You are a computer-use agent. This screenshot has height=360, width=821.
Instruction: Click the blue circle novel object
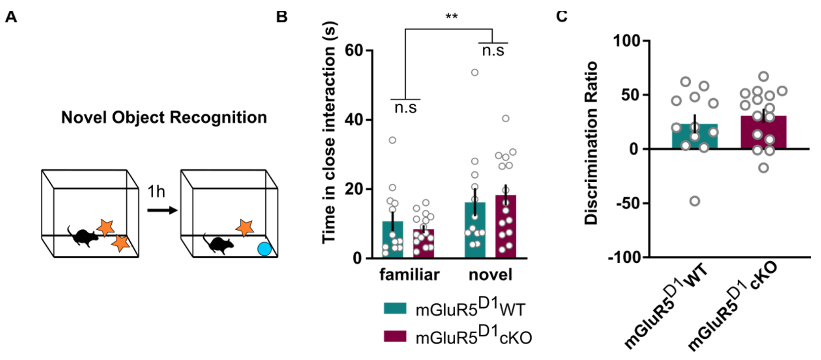pyautogui.click(x=264, y=249)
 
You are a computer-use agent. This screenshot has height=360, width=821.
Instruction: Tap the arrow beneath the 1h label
pyautogui.click(x=162, y=210)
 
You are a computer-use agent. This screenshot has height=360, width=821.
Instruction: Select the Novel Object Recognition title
pyautogui.click(x=164, y=117)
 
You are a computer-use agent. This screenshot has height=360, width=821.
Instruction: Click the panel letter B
pyautogui.click(x=282, y=17)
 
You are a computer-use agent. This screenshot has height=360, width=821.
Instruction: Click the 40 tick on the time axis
pyautogui.click(x=354, y=120)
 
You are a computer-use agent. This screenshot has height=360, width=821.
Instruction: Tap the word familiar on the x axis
pyautogui.click(x=409, y=275)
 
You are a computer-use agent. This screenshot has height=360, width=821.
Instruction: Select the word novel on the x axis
pyautogui.click(x=490, y=275)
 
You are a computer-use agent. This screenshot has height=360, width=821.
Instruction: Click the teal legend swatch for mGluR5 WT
pyautogui.click(x=395, y=308)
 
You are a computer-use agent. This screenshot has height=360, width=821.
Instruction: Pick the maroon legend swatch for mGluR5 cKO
pyautogui.click(x=395, y=336)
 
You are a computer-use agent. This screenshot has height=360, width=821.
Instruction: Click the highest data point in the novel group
pyautogui.click(x=475, y=73)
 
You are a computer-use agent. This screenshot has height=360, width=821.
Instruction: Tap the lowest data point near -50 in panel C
pyautogui.click(x=695, y=201)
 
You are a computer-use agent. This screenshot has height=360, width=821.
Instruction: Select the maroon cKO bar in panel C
pyautogui.click(x=764, y=134)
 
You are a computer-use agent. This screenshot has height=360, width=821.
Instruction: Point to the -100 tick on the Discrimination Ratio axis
pyautogui.click(x=625, y=257)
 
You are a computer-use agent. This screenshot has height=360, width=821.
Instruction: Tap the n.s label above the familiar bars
pyautogui.click(x=405, y=108)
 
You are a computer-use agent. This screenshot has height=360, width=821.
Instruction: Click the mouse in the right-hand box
pyautogui.click(x=219, y=245)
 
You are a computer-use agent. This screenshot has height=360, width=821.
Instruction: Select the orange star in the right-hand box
pyautogui.click(x=245, y=228)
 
